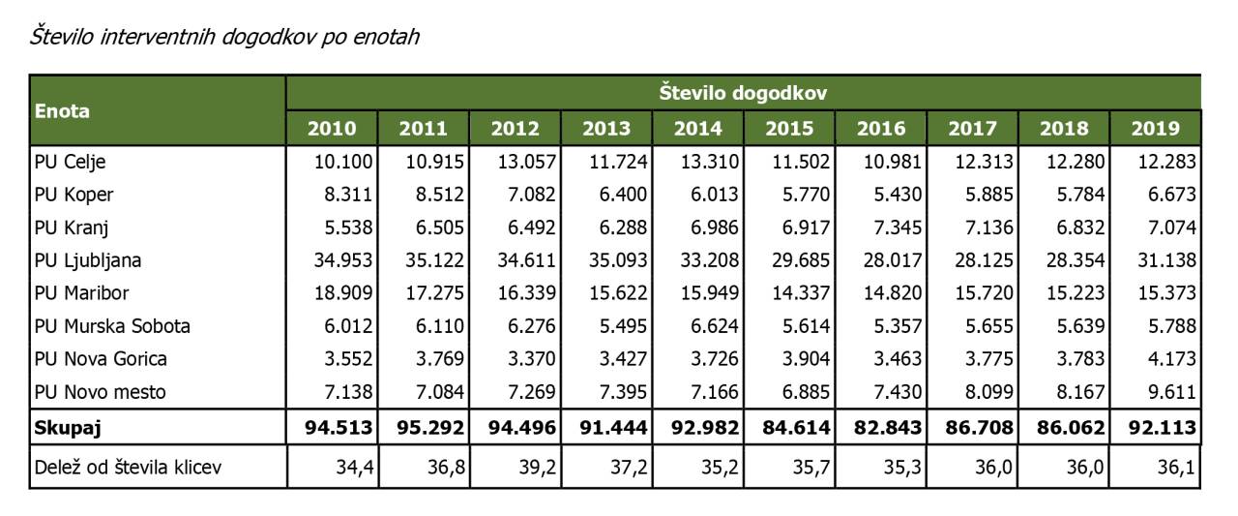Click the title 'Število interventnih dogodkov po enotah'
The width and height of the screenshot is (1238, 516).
[x=223, y=38]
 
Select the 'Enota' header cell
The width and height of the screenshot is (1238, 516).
[x=62, y=110]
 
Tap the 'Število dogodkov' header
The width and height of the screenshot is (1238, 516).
[x=742, y=93]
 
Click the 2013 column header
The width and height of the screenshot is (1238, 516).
[x=606, y=129]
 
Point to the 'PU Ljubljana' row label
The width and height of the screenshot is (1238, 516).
[x=88, y=260]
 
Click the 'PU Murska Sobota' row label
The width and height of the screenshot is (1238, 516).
[x=112, y=326]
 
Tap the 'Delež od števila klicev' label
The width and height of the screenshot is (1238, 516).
[x=128, y=469]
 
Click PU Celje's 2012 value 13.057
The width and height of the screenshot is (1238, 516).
[x=523, y=162]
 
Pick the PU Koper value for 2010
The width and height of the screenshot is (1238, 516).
[x=335, y=195]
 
